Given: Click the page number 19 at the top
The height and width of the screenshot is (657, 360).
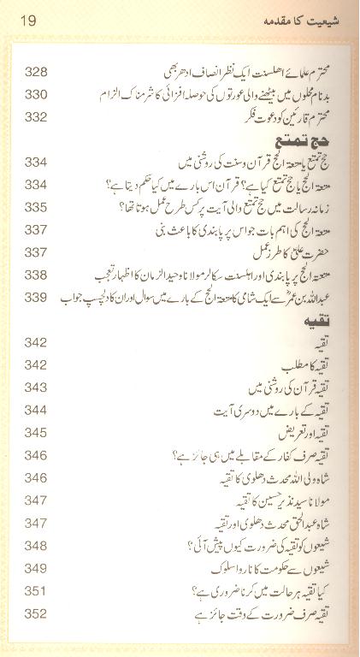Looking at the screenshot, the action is point(25,19).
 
